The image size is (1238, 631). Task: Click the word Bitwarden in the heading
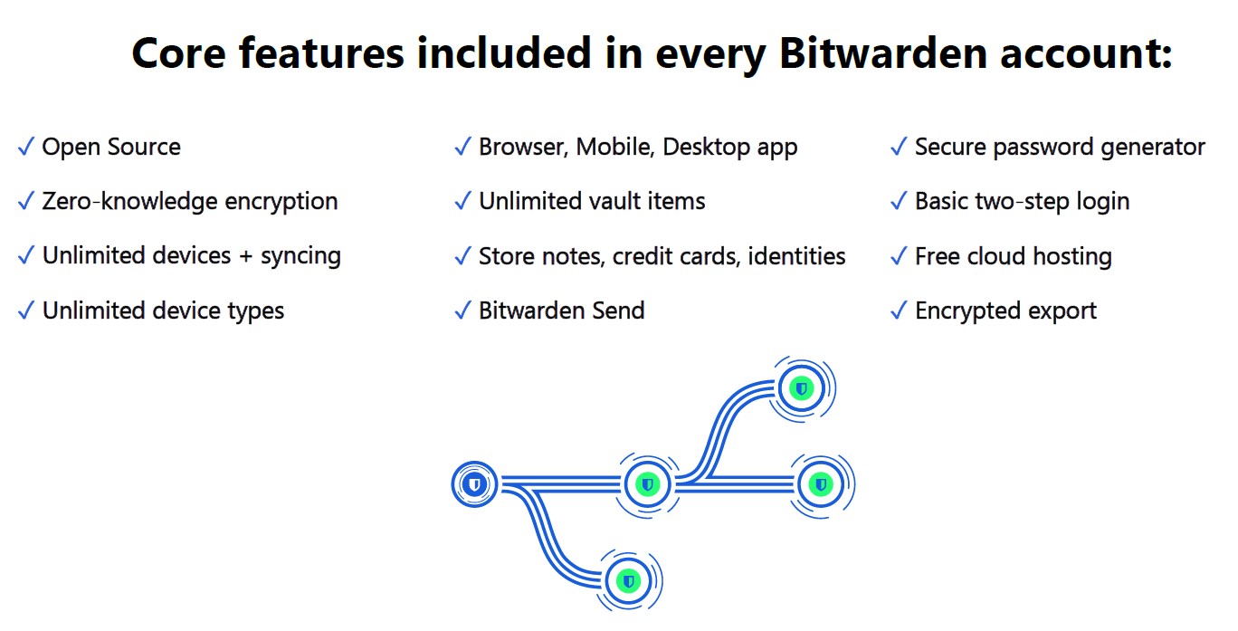point(882,53)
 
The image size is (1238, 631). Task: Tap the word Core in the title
point(178,53)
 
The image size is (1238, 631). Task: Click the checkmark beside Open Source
point(26,147)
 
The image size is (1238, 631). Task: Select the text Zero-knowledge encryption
point(189,202)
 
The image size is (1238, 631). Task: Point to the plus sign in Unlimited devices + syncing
point(246,256)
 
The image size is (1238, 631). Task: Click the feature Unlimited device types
point(163,311)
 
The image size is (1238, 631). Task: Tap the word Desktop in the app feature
point(706,148)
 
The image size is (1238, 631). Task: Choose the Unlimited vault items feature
point(592,201)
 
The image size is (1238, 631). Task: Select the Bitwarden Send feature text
point(561,311)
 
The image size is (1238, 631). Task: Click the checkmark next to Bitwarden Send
point(462,311)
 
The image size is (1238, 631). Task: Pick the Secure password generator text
point(1060,148)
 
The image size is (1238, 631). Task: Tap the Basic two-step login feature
point(1023,202)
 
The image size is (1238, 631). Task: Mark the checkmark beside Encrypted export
point(900,311)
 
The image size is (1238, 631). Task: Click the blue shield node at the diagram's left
point(474,484)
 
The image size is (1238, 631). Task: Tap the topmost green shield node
point(802,388)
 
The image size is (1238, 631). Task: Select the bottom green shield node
point(628,581)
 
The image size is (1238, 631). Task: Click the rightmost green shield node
point(821,485)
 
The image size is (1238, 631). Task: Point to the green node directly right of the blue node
point(647,485)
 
